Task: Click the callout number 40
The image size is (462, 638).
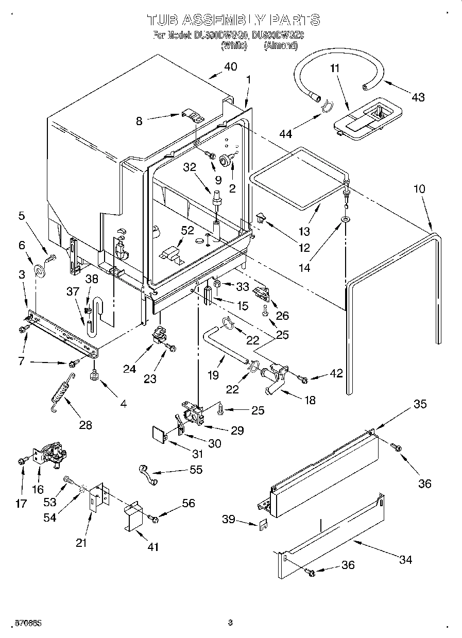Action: (230, 67)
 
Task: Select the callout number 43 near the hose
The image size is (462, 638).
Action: (418, 96)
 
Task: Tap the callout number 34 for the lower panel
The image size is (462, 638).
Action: (406, 559)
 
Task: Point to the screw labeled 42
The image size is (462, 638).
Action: (303, 380)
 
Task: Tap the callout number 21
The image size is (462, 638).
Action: (81, 543)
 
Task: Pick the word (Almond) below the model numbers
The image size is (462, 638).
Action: (281, 45)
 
